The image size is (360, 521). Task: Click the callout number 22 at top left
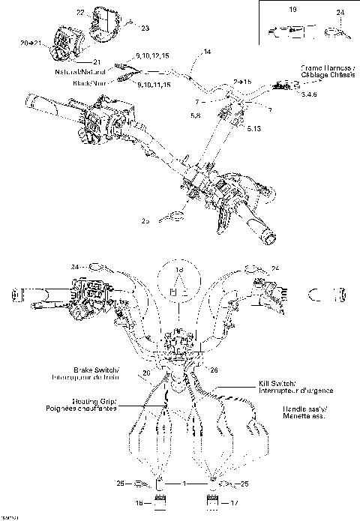pos(80,13)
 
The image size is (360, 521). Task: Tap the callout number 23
pos(145,28)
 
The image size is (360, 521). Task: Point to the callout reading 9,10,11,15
pos(157,85)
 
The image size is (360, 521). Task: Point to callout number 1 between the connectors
pos(184,484)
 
